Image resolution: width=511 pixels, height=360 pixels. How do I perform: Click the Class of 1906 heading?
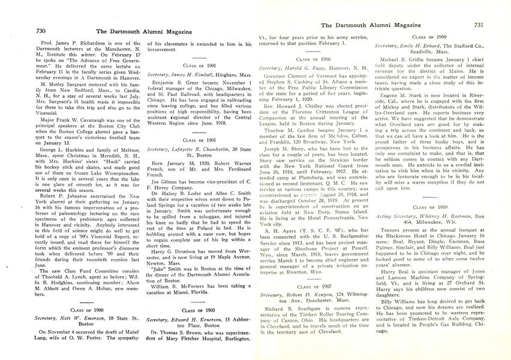314,60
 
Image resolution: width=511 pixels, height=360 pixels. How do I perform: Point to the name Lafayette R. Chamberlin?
203,165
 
